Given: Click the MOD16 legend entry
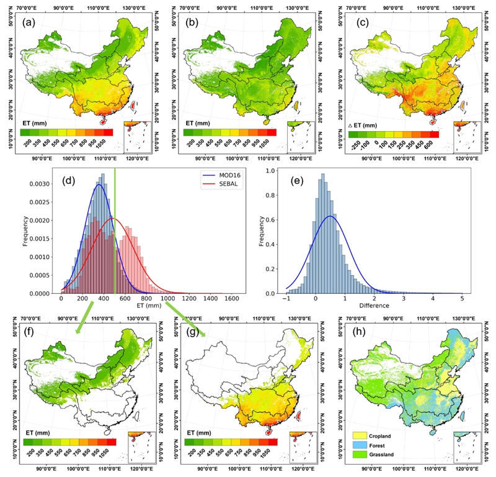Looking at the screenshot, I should (214, 176).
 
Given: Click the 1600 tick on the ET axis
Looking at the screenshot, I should (232, 299).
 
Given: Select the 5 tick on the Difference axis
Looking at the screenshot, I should (462, 299).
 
